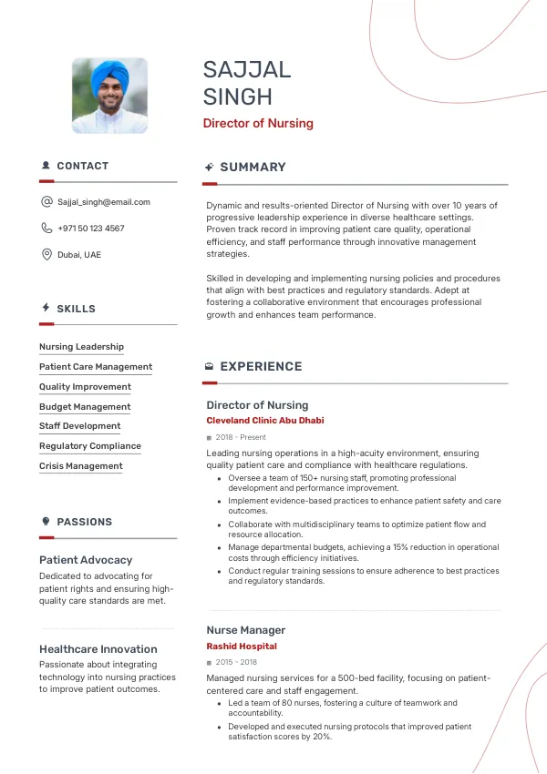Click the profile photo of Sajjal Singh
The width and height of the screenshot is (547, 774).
[109, 96]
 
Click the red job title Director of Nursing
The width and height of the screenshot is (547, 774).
[258, 123]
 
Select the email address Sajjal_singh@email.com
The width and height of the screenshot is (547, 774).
[104, 202]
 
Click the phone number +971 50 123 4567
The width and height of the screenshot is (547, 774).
[91, 229]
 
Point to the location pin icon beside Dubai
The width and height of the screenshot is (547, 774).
[46, 255]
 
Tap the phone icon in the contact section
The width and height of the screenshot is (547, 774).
[46, 229]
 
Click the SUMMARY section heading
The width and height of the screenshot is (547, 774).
[253, 168]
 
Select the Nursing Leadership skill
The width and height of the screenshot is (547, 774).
[81, 347]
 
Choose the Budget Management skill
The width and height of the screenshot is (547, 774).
[85, 407]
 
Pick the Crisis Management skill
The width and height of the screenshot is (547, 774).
[80, 466]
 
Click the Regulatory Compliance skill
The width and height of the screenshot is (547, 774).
[90, 446]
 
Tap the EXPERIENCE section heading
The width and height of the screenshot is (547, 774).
[261, 367]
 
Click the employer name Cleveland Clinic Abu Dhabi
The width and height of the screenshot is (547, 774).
[264, 421]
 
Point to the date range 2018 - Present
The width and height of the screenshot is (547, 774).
[240, 438]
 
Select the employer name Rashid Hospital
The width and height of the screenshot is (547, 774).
[242, 647]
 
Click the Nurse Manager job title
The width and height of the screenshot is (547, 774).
[245, 630]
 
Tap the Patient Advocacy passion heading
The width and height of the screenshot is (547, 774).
[86, 560]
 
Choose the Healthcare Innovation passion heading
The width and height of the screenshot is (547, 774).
[98, 649]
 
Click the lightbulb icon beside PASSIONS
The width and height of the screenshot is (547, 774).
[46, 522]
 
